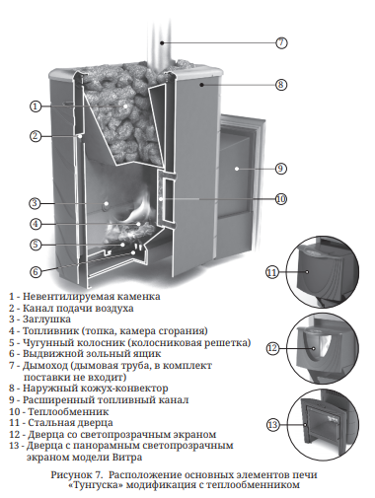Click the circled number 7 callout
pyautogui.click(x=281, y=42)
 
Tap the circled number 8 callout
pyautogui.click(x=280, y=85)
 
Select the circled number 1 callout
pyautogui.click(x=36, y=107)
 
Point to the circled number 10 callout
pyautogui.click(x=280, y=199)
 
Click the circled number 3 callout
pyautogui.click(x=36, y=203)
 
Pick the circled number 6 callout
pyautogui.click(x=36, y=272)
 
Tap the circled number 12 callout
pyautogui.click(x=272, y=348)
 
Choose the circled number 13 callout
pyautogui.click(x=272, y=425)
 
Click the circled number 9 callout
pyautogui.click(x=280, y=169)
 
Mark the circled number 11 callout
pyautogui.click(x=272, y=272)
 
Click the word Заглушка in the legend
pyautogui.click(x=46, y=320)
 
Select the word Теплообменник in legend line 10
pyautogui.click(x=68, y=411)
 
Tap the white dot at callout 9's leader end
pyautogui.click(x=237, y=169)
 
